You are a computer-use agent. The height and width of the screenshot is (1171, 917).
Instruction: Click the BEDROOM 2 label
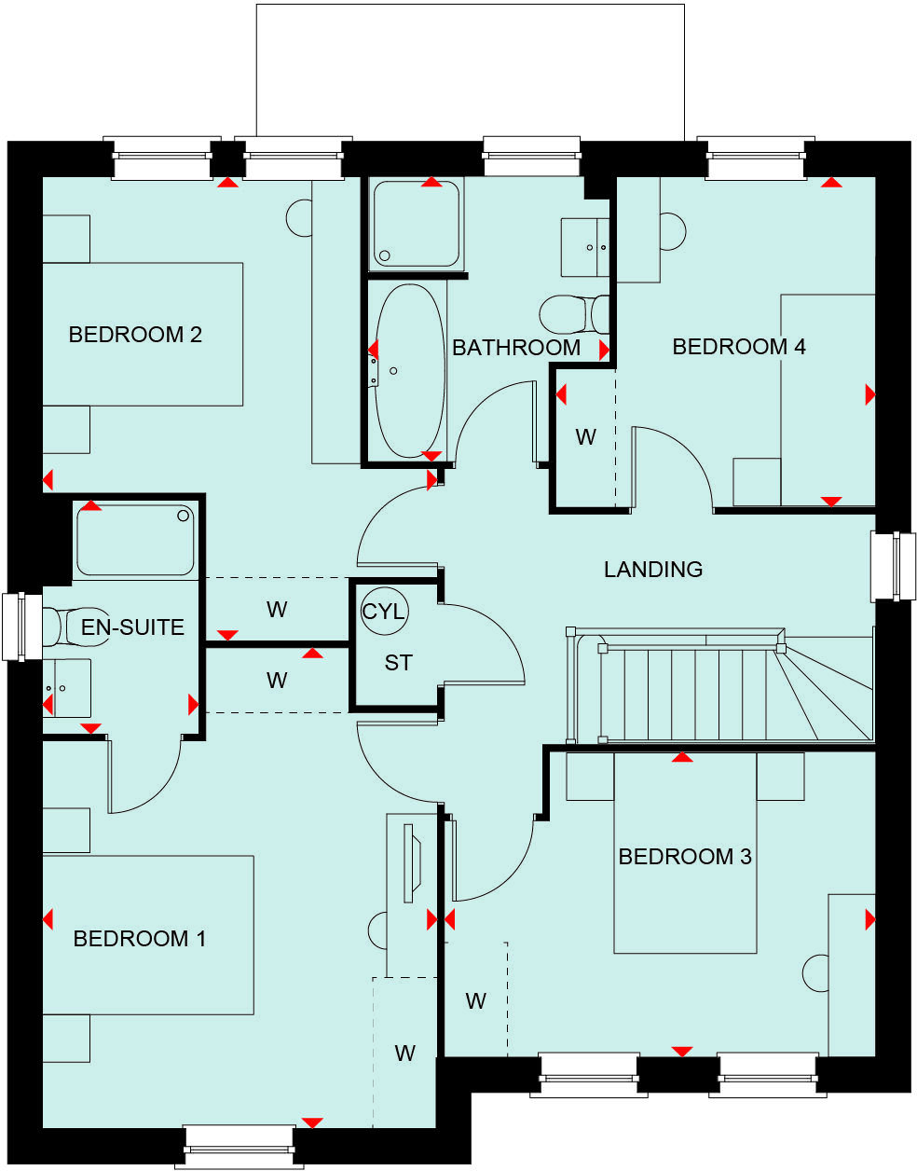[135, 335]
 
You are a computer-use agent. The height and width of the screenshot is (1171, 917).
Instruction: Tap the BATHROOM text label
[516, 348]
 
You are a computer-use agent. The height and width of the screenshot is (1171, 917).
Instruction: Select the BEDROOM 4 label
[739, 347]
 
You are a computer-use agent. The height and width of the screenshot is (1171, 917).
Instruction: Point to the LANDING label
[653, 570]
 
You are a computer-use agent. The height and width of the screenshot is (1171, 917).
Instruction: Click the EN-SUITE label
[132, 627]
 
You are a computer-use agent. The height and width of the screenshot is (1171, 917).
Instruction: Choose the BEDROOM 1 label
[140, 939]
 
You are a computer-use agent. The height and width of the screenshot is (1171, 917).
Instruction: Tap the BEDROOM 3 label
[685, 857]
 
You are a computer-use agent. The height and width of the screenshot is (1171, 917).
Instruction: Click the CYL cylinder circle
[383, 612]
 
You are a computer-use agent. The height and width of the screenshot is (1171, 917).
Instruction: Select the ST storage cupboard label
[398, 663]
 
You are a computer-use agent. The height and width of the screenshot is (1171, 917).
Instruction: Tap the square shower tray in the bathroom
[417, 225]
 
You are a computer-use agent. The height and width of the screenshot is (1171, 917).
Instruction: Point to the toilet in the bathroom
[570, 315]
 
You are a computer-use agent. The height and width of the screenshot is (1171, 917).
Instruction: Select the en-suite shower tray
[136, 540]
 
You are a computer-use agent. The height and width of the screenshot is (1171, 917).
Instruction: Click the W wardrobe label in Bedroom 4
[585, 437]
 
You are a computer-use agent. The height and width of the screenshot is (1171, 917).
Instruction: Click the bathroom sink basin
[585, 247]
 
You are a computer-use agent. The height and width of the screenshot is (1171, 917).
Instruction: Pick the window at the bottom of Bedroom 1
[240, 1144]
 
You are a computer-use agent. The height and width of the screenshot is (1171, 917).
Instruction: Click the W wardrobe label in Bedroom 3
[475, 1001]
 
